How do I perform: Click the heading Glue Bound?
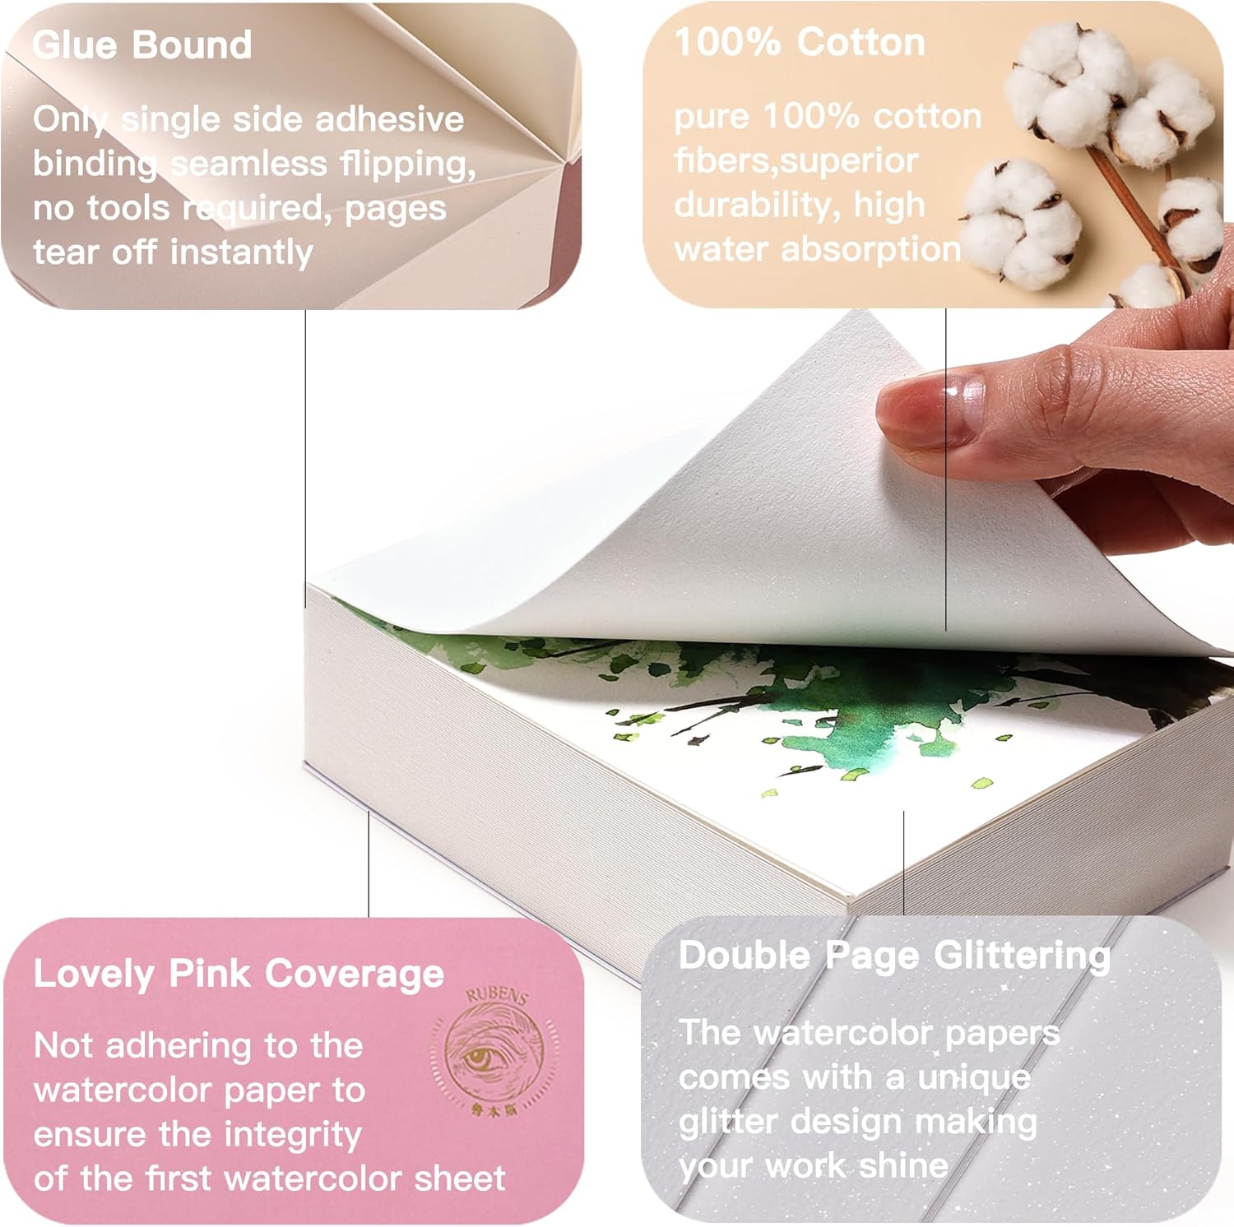pos(141,45)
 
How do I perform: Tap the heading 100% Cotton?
pos(799,42)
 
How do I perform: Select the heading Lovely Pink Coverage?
pos(239,974)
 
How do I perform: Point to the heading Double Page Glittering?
pos(894,956)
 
